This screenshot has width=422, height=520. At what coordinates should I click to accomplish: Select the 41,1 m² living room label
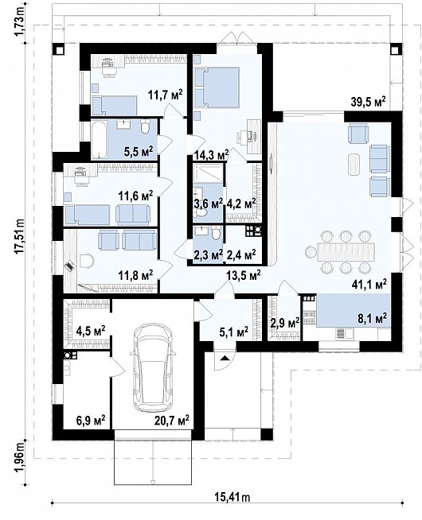coord(369,283)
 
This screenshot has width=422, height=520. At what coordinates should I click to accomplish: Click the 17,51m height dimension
coord(20,236)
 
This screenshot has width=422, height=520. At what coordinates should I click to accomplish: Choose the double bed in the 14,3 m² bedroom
coord(217,87)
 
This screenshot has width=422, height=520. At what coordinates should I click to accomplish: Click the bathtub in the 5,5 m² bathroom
coord(100,139)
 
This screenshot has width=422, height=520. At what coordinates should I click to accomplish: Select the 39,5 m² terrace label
coord(369,102)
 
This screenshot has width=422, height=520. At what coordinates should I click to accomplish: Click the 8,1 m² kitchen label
coord(373,318)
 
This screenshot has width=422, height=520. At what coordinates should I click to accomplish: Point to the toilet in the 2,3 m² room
coord(216,232)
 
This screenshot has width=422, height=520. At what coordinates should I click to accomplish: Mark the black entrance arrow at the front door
coord(225,358)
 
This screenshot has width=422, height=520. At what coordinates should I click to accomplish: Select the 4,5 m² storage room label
coord(91,331)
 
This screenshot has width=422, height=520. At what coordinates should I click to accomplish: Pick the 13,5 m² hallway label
coord(244,275)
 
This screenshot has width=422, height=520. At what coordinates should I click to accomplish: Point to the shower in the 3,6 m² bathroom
coord(208,173)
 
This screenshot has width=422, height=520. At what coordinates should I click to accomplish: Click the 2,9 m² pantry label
coord(285,322)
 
